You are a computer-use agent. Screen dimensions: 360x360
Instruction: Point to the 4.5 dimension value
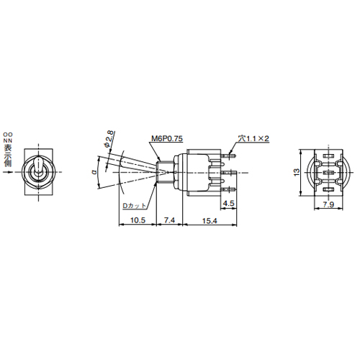[228, 204]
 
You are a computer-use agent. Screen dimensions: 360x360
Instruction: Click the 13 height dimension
[296, 173]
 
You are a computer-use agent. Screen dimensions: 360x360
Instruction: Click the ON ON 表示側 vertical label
[7, 149]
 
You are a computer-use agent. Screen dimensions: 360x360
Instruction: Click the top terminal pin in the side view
[230, 153]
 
